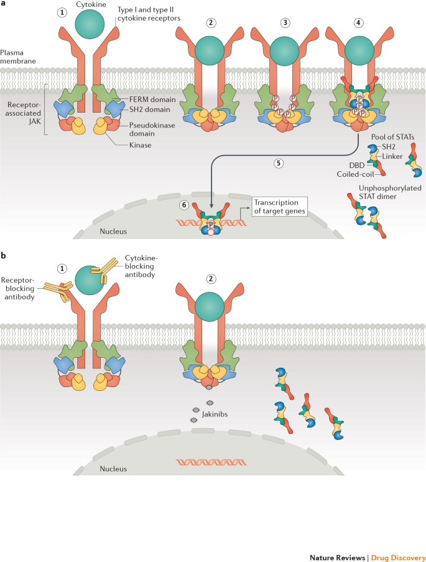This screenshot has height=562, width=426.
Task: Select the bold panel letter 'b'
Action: click(5, 255)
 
